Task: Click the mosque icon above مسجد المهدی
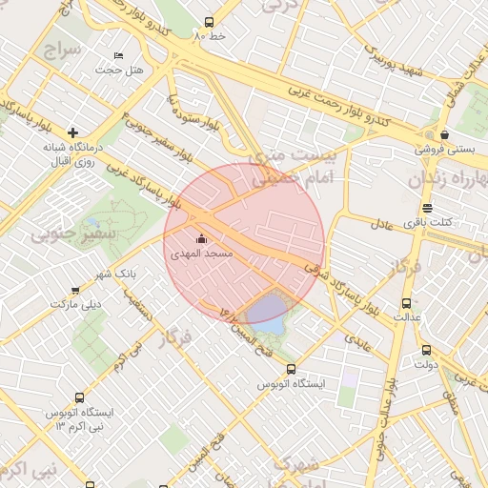tap(201, 238)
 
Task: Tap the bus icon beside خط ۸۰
tap(210, 22)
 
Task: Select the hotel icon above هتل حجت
tap(118, 55)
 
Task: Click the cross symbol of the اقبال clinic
tap(71, 132)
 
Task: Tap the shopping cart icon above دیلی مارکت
tap(75, 290)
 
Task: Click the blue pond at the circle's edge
tap(266, 313)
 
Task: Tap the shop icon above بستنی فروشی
tap(444, 134)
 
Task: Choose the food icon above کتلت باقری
tap(427, 208)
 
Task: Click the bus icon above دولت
tap(426, 349)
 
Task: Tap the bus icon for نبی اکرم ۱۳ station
tap(78, 397)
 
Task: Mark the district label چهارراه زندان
tap(448, 179)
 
